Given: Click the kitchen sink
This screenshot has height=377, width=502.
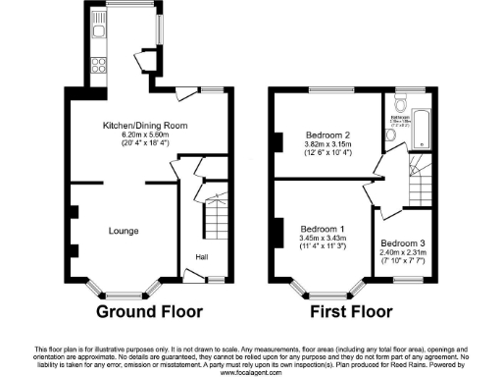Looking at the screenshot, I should [x=98, y=33].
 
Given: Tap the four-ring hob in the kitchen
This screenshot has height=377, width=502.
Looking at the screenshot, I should [x=98, y=66].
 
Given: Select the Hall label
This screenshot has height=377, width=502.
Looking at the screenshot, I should [x=201, y=257].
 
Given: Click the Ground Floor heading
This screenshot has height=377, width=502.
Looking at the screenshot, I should [x=149, y=313].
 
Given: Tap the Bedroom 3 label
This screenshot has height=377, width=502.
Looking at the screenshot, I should [x=403, y=242].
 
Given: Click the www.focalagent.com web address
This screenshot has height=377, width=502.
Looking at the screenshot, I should [x=251, y=372].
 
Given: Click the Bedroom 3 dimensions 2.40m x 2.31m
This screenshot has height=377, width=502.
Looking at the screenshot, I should [x=403, y=252].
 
